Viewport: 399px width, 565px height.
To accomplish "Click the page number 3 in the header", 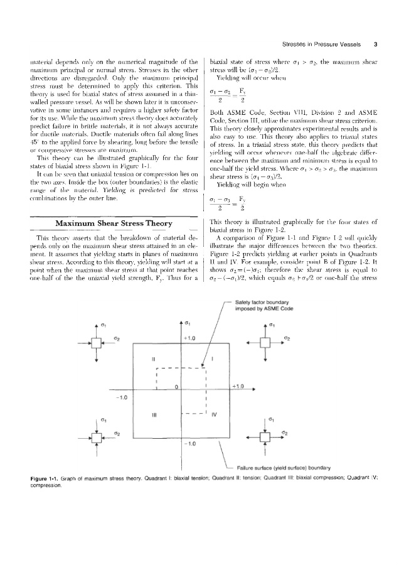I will click(375, 45).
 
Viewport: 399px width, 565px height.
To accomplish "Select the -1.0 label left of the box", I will click(124, 397).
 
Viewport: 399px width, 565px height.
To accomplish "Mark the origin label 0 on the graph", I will click(177, 385).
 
